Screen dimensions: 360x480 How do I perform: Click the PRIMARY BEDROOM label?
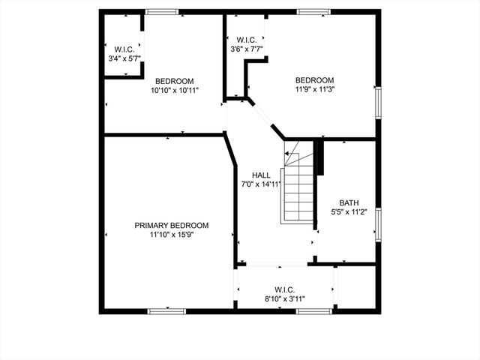click(172, 225)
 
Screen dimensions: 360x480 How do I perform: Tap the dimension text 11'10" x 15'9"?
click(172, 235)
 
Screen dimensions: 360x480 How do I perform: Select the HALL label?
click(261, 175)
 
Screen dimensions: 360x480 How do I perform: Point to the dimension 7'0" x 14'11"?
click(261, 184)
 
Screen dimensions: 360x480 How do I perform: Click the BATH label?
click(349, 202)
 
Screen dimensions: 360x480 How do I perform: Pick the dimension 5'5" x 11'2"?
click(349, 212)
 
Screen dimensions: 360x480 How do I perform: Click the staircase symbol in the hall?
click(298, 187)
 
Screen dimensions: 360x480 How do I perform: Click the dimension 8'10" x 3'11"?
click(284, 298)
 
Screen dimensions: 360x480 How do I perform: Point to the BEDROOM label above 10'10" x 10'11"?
click(175, 81)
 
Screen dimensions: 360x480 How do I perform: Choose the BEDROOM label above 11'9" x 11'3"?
click(314, 80)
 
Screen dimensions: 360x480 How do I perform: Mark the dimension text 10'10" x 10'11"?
click(175, 91)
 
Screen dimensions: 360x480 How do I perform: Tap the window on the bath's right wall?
click(378, 225)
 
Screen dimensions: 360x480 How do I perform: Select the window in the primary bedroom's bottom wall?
click(163, 310)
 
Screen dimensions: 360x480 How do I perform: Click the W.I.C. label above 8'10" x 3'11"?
click(284, 289)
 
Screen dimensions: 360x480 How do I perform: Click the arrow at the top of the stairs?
click(288, 154)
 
